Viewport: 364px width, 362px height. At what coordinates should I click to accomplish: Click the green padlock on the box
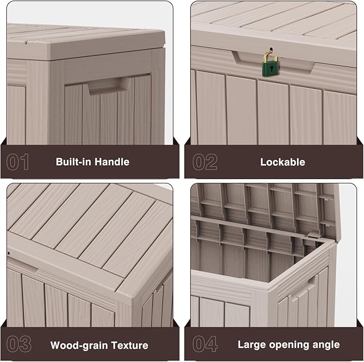coord(272,68)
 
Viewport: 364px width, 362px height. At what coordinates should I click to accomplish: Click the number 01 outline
coord(18,162)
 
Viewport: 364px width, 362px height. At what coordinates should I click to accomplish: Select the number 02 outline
coord(205,162)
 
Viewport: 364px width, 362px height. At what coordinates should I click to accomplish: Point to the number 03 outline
coord(18,344)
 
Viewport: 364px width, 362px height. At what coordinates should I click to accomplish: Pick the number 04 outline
coord(205,344)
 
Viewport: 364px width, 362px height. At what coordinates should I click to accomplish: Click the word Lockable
coord(283,162)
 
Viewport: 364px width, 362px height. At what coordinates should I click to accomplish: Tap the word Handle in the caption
coord(112,161)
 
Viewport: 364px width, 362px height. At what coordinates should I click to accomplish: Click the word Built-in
coord(73,161)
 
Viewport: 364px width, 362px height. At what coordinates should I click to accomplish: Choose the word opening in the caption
coord(288,345)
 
